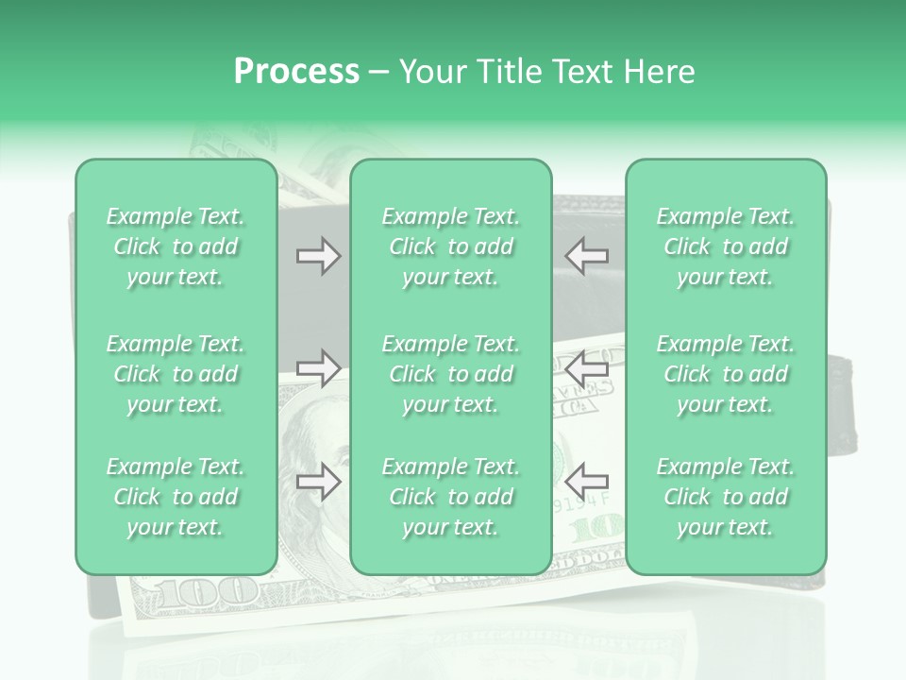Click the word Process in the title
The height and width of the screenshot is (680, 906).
(296, 72)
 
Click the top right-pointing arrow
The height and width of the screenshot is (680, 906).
(318, 255)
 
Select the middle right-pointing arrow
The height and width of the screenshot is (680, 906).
(318, 368)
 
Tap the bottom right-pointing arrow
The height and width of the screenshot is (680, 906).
(318, 482)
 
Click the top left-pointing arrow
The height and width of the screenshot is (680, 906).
(586, 255)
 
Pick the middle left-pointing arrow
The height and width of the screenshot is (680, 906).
(586, 368)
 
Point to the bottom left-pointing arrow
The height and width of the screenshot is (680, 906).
(586, 482)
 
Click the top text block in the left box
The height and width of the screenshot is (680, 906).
(176, 246)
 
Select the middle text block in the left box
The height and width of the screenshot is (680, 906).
(176, 374)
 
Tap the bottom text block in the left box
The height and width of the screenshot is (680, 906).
(176, 497)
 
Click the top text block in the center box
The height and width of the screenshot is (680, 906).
(451, 246)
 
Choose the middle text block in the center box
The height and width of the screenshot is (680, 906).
(451, 374)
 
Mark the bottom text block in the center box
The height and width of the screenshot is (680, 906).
(451, 497)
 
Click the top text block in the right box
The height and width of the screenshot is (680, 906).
(726, 246)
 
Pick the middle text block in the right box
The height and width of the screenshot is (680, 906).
(726, 374)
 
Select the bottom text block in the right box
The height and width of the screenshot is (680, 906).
(726, 497)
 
